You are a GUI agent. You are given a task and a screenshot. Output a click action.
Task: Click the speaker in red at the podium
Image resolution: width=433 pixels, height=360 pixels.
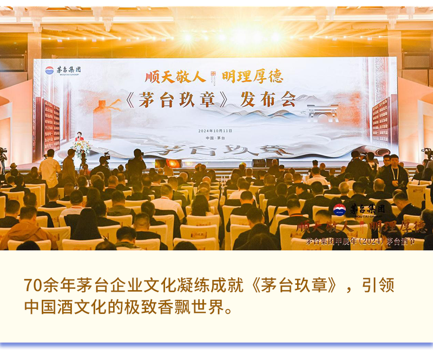pyautogui.click(x=79, y=136)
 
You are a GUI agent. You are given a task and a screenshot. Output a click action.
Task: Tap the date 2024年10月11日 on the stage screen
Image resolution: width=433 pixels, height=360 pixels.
pyautogui.click(x=216, y=130)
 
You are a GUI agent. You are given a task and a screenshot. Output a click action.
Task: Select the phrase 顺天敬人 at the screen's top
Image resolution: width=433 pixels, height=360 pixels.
pyautogui.click(x=171, y=75)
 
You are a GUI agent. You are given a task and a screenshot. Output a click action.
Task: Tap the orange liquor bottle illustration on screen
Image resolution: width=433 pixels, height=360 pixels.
pyautogui.click(x=102, y=120)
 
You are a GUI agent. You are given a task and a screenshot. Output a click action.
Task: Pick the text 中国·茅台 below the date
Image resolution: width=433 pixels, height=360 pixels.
pyautogui.click(x=215, y=138)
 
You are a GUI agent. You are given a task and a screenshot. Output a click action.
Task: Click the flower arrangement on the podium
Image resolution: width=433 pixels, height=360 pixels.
pyautogui.click(x=82, y=147)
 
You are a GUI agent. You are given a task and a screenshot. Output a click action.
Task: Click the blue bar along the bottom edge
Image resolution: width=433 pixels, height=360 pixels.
pyautogui.click(x=216, y=346)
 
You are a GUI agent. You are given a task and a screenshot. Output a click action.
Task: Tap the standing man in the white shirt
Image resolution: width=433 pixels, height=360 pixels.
pyautogui.click(x=50, y=168)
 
